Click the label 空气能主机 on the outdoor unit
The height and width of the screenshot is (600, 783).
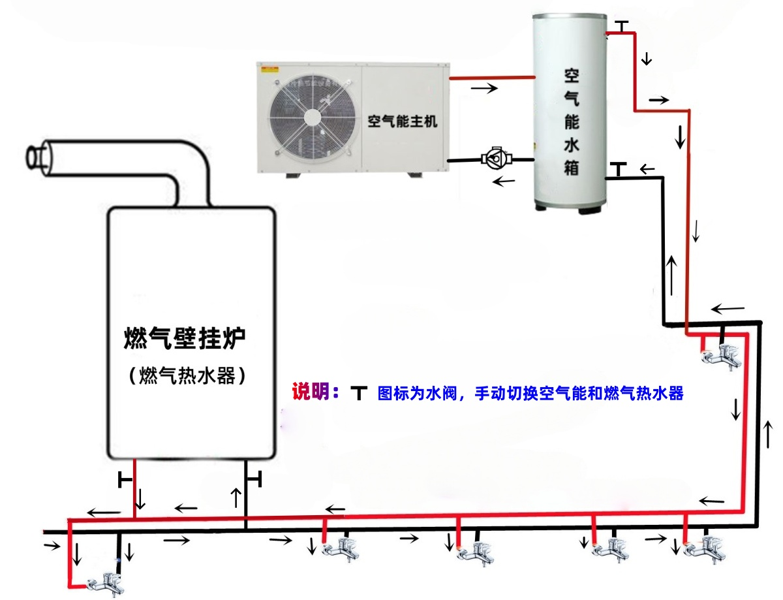coord(402,121)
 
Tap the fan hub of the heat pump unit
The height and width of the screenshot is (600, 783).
coord(312,117)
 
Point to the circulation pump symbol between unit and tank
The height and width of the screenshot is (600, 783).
coord(497,158)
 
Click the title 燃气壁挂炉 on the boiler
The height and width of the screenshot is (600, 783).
coord(184,338)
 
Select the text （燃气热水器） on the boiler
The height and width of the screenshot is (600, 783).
coord(187,376)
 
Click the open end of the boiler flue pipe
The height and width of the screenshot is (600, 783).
coord(36,159)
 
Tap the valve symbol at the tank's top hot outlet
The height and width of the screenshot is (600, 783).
coord(622,27)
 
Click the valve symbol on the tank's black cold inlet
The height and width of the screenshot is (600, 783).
coord(619,169)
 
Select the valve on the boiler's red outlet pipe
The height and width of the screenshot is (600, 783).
coord(125,480)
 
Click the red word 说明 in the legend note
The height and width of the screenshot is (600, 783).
coord(310,391)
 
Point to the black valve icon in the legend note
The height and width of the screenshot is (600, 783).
coord(358,393)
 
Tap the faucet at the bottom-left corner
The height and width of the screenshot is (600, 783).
coord(106,583)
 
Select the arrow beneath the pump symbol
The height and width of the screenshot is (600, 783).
coord(504,181)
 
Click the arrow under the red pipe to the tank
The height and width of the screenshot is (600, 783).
coord(484,87)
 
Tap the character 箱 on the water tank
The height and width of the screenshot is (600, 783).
coord(572,168)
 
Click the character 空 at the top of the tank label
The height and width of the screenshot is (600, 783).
coord(572,76)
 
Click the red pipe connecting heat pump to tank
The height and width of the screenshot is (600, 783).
coord(492,77)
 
